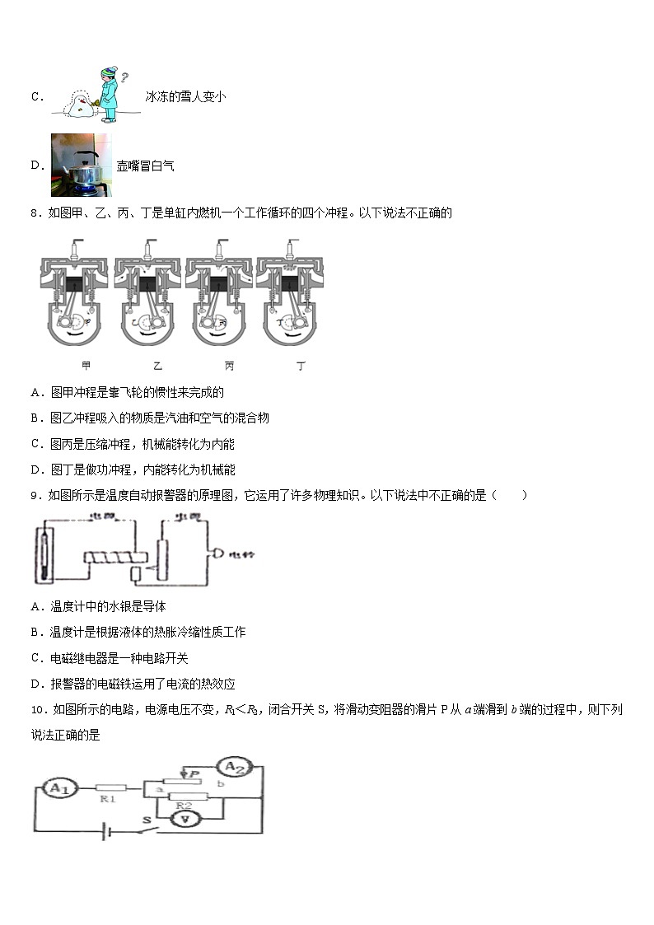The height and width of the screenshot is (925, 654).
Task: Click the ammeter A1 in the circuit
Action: click(x=57, y=788)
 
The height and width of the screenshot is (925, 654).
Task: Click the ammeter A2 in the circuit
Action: click(x=236, y=768)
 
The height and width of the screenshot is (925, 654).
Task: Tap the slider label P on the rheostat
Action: click(x=194, y=773)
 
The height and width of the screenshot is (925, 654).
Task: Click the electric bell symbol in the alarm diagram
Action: click(x=218, y=554)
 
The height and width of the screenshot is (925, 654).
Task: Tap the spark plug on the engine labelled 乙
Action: click(x=147, y=247)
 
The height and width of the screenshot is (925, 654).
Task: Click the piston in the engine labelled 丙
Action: click(x=218, y=284)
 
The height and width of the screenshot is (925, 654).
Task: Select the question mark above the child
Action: click(x=124, y=78)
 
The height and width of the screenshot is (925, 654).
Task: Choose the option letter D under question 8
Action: click(x=35, y=470)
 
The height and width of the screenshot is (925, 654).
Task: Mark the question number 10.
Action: click(x=37, y=709)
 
